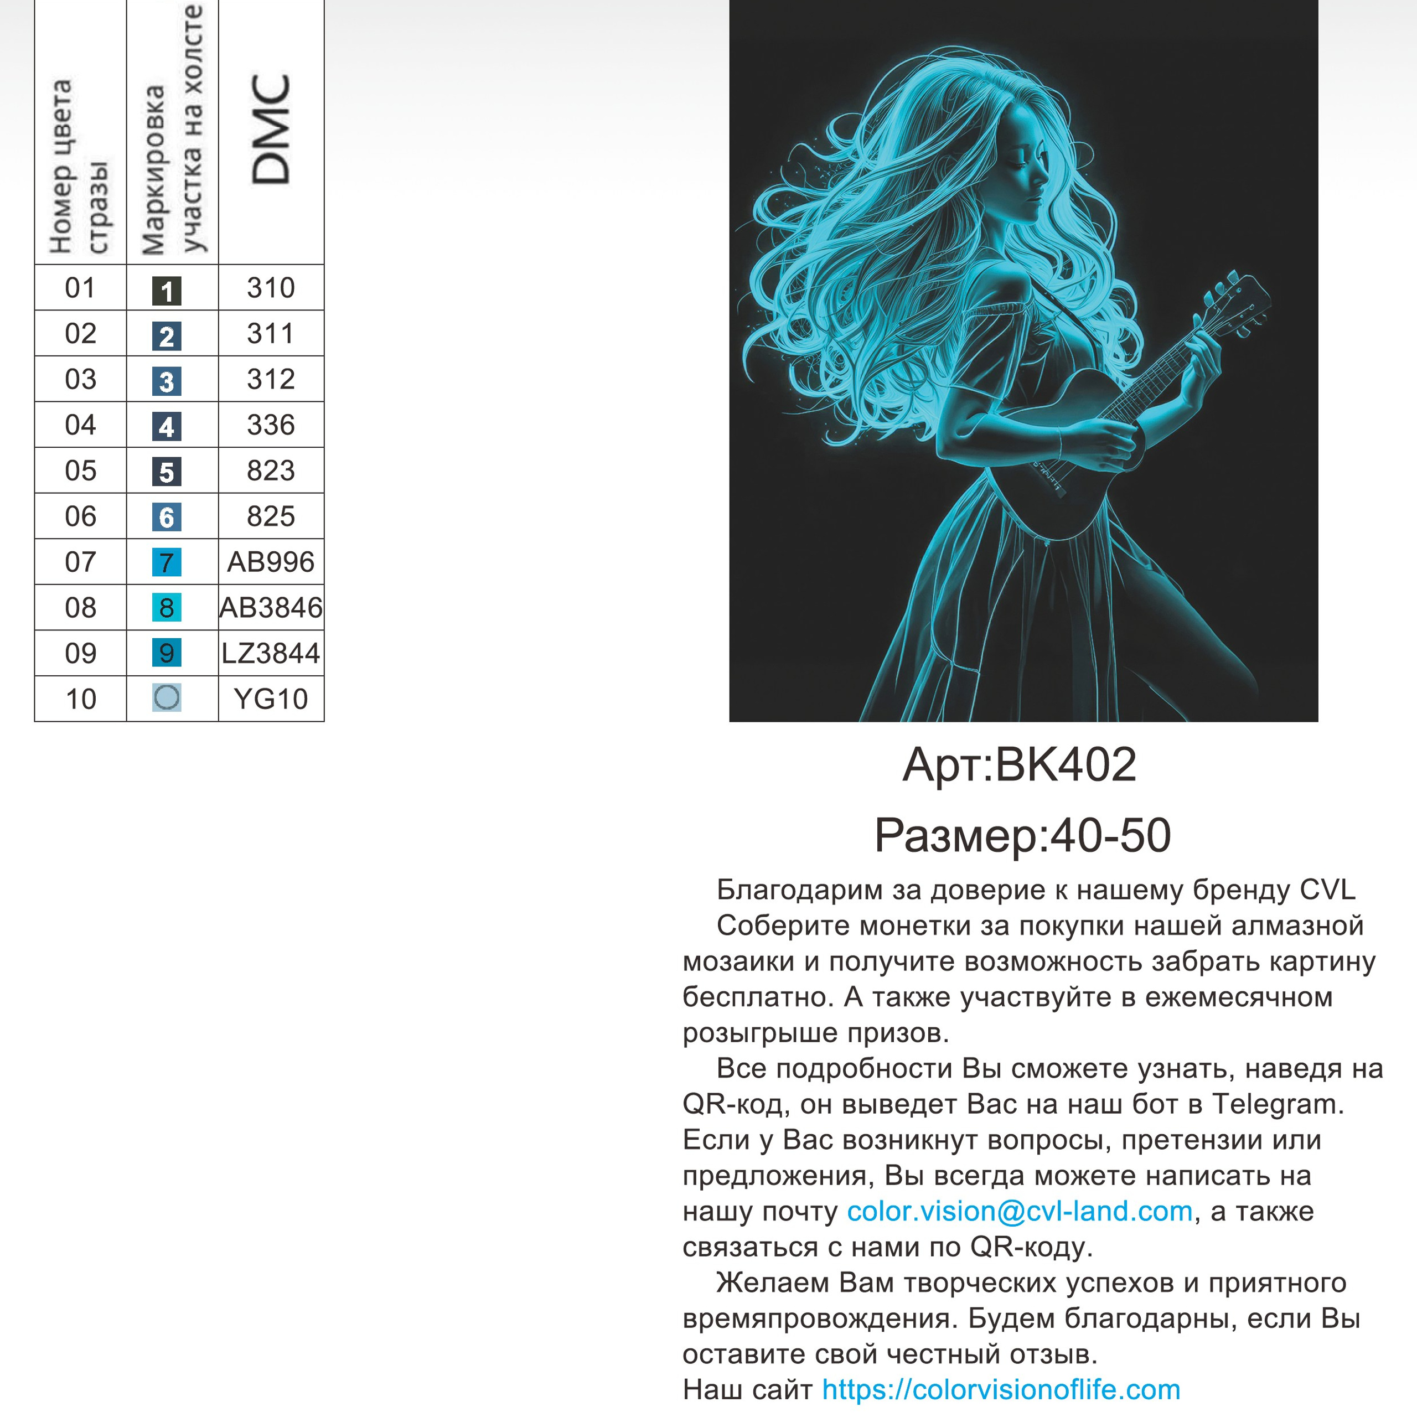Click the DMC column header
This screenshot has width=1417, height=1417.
271,130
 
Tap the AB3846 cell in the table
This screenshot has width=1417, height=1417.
271,608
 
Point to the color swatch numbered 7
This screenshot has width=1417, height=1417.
167,562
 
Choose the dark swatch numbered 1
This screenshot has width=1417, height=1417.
167,291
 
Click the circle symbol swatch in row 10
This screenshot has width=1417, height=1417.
167,697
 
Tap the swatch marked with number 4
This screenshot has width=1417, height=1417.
167,427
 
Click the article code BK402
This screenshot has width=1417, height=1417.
1065,765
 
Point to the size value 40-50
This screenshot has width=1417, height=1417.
1110,835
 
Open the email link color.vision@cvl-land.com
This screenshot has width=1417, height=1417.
1020,1211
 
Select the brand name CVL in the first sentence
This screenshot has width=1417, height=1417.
1327,889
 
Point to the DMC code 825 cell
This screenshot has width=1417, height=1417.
271,516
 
